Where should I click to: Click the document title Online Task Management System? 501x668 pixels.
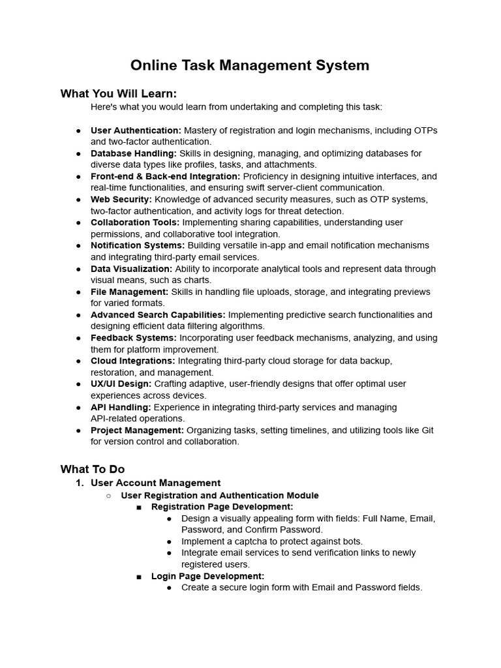pos(250,65)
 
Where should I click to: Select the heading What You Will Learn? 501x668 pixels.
pos(119,93)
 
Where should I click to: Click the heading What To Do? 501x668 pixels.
pos(93,469)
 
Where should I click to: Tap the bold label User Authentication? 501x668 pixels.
pos(136,130)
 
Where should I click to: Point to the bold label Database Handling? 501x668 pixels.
pos(133,153)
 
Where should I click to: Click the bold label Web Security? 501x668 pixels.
pos(121,199)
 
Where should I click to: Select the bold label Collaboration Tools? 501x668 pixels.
pos(135,222)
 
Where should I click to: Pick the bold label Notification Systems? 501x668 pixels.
pos(138,245)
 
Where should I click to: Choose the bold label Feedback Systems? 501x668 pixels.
pos(134,338)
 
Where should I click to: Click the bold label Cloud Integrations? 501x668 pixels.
pos(133,361)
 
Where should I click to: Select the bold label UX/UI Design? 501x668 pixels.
pos(121,384)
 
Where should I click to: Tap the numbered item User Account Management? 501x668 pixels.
pos(155,483)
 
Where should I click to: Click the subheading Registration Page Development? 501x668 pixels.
pos(222,506)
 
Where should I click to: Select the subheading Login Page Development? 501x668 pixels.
pos(207,576)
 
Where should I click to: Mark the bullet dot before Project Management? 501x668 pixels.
pos(78,431)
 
